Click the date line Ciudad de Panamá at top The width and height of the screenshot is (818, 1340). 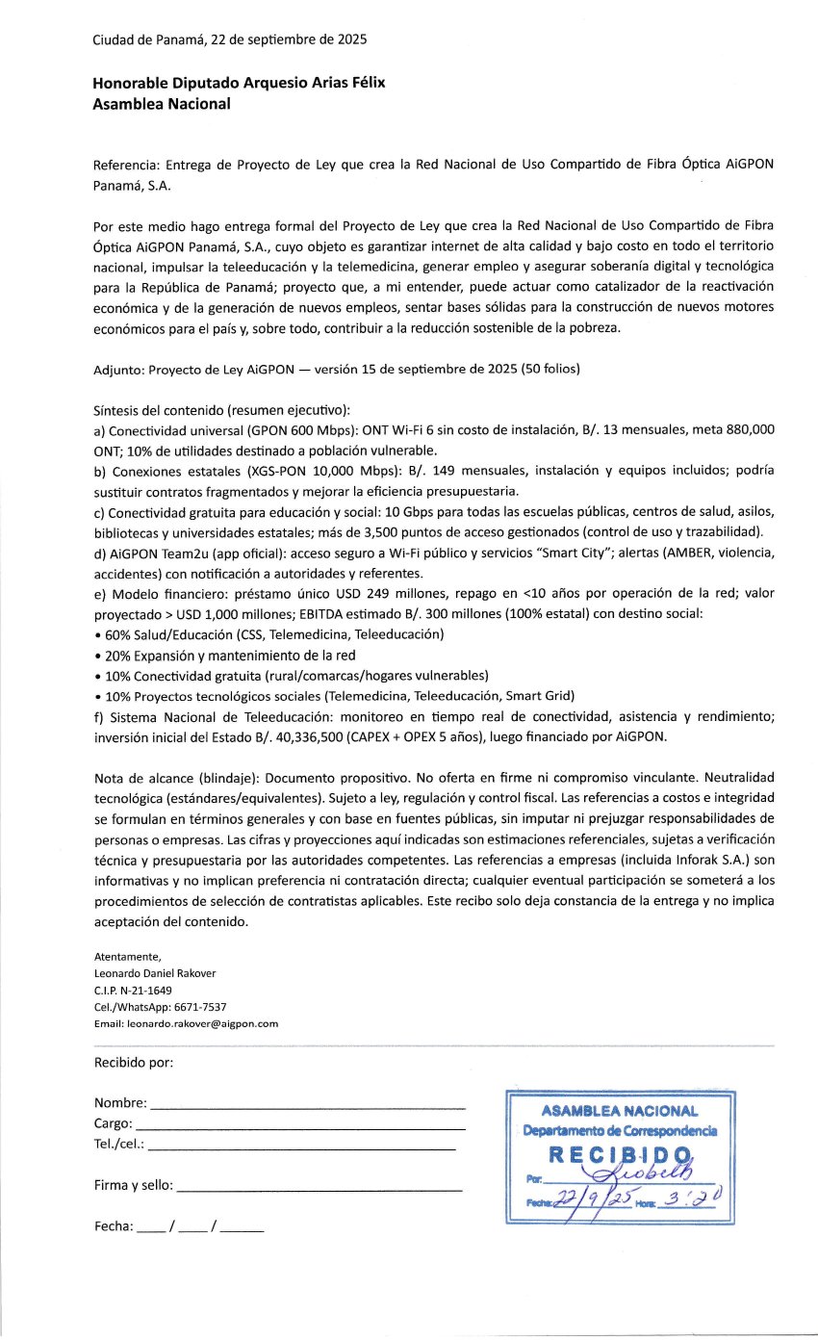tap(229, 40)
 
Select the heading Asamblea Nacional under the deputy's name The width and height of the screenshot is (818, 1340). tap(162, 104)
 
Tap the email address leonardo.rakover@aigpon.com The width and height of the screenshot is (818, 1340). tap(203, 1023)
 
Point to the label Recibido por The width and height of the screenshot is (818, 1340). tap(134, 1063)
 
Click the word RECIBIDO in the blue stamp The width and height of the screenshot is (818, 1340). tap(621, 1154)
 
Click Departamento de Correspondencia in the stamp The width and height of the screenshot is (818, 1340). tap(620, 1130)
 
